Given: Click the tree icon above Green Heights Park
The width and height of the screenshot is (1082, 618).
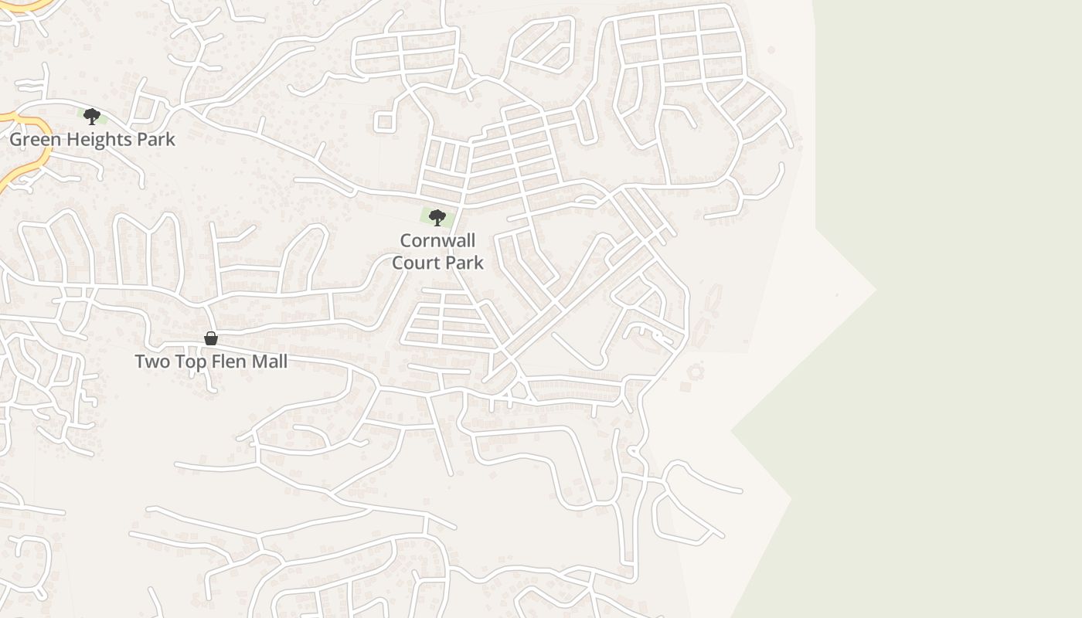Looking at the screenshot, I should (x=92, y=117).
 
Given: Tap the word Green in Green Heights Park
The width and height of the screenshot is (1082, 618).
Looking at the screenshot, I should (x=32, y=140).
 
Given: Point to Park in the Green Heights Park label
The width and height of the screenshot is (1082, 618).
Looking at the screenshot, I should (x=157, y=140).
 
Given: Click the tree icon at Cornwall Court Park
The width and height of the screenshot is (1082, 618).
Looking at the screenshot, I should (x=437, y=218).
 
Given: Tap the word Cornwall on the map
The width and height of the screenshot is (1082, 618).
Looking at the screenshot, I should (x=437, y=240).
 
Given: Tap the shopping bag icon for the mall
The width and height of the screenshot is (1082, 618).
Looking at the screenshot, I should (x=210, y=338).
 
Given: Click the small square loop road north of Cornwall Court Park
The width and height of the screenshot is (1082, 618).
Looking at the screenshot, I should (x=384, y=122).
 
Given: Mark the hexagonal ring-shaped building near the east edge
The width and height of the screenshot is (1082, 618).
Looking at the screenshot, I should (x=696, y=372).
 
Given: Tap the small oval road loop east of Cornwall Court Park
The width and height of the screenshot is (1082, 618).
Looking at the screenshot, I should (x=587, y=202).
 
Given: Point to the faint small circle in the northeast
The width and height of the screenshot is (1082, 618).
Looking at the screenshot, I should (x=771, y=50).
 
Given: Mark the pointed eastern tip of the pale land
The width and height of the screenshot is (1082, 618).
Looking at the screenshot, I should (x=875, y=290).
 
